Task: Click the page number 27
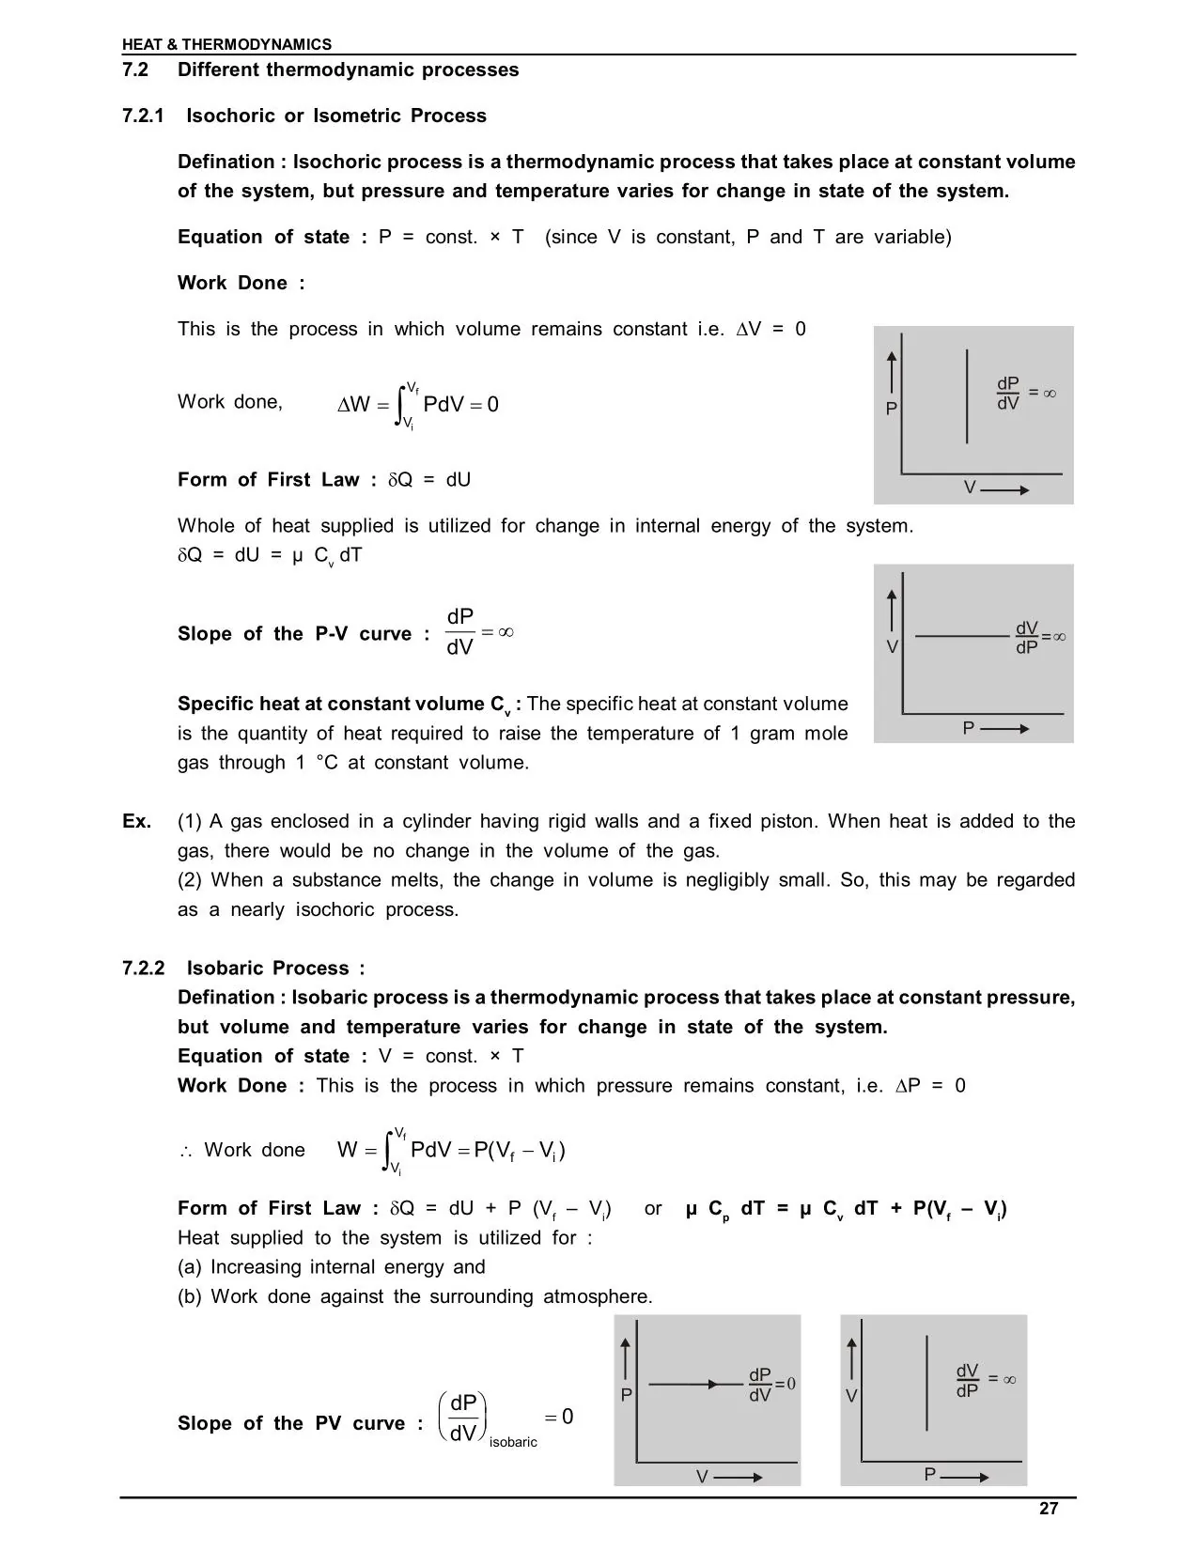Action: (x=1049, y=1509)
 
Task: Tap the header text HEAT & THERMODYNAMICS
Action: (x=226, y=44)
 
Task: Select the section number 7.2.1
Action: (x=143, y=116)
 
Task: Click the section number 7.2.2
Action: (x=143, y=969)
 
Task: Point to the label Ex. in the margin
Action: (x=136, y=821)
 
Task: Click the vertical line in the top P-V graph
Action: (x=967, y=395)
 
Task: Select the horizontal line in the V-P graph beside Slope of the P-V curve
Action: (x=960, y=636)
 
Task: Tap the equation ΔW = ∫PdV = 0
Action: (x=418, y=405)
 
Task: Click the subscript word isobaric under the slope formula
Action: (x=513, y=1442)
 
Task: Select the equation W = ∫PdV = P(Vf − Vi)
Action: (x=451, y=1151)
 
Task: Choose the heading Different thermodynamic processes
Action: (x=348, y=70)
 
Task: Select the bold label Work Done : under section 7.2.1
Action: (x=241, y=283)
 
